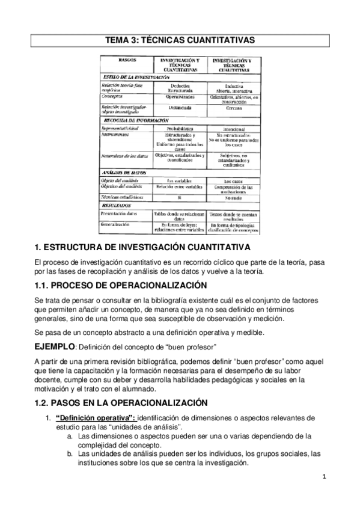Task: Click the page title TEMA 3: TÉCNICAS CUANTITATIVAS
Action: pos(180,40)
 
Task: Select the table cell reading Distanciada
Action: pos(180,108)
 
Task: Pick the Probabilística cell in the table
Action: pos(180,128)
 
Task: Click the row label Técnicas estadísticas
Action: pos(123,197)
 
